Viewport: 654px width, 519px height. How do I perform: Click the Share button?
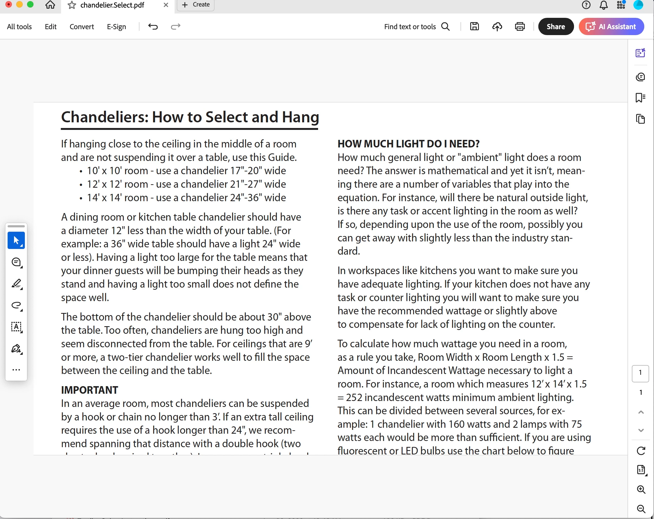[x=555, y=27]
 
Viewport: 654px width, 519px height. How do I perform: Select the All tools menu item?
[x=19, y=27]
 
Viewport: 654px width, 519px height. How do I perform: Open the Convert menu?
[x=82, y=27]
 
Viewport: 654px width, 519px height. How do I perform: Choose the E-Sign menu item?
[x=116, y=27]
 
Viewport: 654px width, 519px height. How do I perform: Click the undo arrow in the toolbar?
[x=153, y=27]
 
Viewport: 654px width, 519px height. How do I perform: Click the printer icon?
[x=520, y=27]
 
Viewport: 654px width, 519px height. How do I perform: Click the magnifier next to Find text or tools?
[x=445, y=27]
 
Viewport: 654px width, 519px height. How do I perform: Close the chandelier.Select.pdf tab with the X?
[x=166, y=5]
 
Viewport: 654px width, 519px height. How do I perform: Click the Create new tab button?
[x=196, y=5]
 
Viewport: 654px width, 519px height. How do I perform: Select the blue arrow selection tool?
[x=16, y=241]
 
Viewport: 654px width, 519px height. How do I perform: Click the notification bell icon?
[x=604, y=5]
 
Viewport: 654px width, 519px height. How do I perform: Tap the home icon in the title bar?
[x=50, y=5]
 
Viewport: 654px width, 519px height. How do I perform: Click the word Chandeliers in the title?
[x=105, y=117]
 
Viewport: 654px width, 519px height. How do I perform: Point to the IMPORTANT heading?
[x=89, y=390]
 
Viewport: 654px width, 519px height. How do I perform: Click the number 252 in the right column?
[x=354, y=397]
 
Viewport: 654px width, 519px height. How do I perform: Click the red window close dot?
[x=8, y=4]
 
